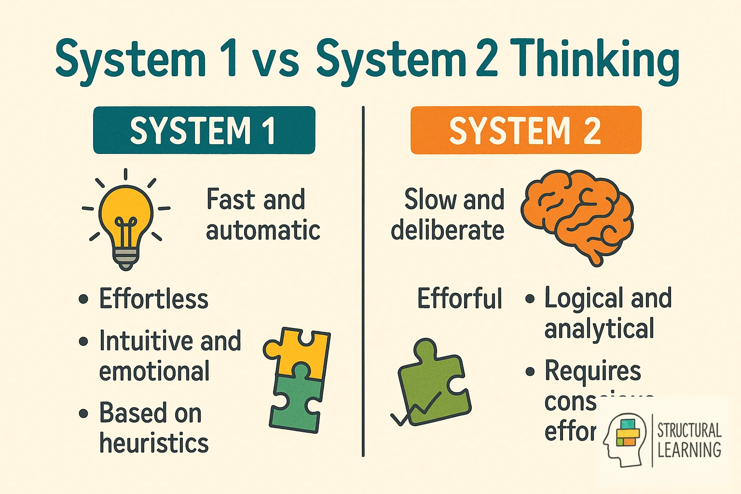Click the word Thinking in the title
pyautogui.click(x=594, y=61)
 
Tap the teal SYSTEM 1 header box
pyautogui.click(x=204, y=130)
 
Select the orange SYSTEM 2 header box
pyautogui.click(x=525, y=130)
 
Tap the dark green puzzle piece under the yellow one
pyautogui.click(x=296, y=400)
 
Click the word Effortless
pyautogui.click(x=153, y=299)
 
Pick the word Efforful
pyautogui.click(x=459, y=299)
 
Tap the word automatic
pyautogui.click(x=263, y=231)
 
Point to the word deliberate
pyautogui.click(x=447, y=231)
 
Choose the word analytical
pyautogui.click(x=599, y=329)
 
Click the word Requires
pyautogui.click(x=592, y=371)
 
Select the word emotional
pyautogui.click(x=154, y=371)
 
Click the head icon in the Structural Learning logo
pyautogui.click(x=623, y=439)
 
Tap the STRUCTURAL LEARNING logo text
pyautogui.click(x=689, y=439)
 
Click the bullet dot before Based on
pyautogui.click(x=83, y=413)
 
